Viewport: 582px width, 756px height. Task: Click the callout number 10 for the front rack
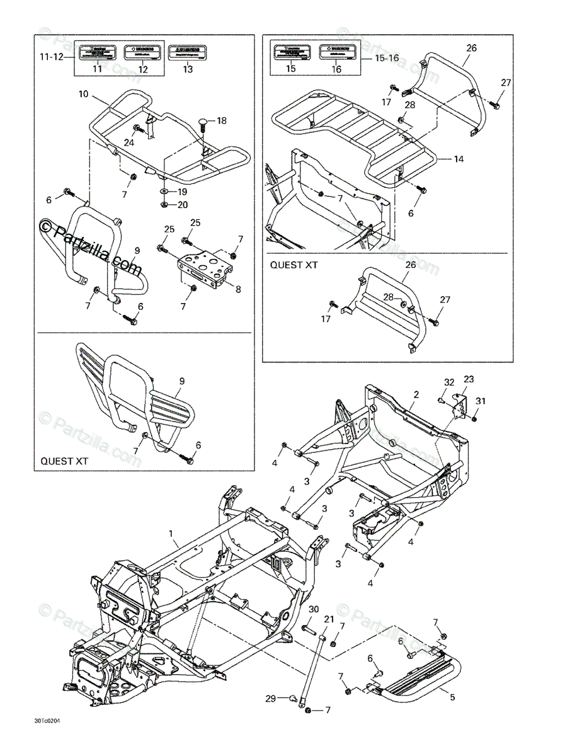point(83,94)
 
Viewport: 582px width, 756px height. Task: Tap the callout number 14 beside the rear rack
point(459,159)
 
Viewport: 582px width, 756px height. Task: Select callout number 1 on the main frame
point(171,534)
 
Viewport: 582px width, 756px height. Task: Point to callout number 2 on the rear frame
point(416,394)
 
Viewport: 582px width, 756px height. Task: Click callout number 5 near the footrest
point(452,697)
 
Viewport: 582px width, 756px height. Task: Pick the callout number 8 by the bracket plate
point(238,289)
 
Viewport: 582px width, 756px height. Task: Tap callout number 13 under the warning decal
point(188,69)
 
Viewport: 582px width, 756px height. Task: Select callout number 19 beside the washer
point(182,192)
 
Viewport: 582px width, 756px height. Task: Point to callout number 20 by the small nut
point(182,205)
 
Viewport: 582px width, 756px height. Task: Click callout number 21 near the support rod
point(328,619)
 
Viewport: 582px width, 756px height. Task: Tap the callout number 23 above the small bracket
point(469,379)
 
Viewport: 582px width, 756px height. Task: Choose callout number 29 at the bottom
point(270,699)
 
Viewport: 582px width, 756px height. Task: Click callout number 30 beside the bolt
point(314,609)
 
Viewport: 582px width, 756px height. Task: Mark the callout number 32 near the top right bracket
point(448,382)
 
